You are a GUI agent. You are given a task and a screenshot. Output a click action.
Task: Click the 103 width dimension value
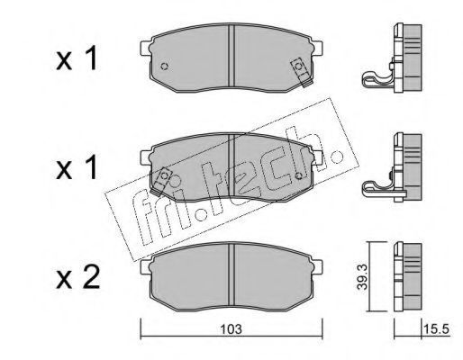coord(231,329)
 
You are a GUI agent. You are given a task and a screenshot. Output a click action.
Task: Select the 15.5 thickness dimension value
coord(436,329)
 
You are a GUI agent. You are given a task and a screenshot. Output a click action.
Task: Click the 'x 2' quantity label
coord(77,278)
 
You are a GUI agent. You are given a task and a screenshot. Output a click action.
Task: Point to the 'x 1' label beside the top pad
coord(77,58)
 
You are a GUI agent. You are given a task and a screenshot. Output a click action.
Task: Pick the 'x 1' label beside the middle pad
coord(77,167)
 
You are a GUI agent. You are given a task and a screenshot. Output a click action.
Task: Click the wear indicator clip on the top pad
coord(301,72)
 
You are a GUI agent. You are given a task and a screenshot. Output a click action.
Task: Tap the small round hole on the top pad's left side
coord(164,67)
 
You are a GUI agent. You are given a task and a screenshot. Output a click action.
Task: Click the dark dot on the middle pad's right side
coord(299,175)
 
